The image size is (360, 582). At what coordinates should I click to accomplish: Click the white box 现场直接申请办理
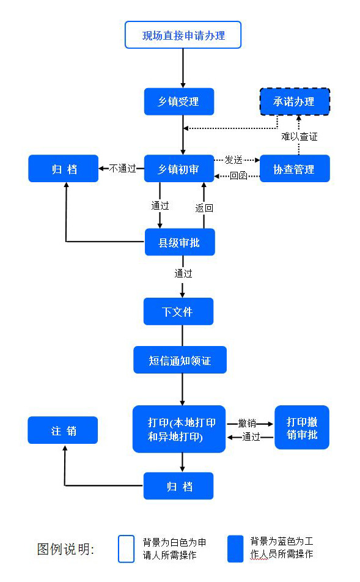point(183,35)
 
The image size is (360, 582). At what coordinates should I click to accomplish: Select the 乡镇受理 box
point(179,101)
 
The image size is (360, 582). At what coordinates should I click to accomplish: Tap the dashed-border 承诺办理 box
point(295,101)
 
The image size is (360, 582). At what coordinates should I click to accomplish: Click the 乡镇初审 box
point(179,169)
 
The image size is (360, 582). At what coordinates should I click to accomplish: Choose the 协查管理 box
point(295,169)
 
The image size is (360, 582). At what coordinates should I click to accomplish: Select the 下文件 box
point(178,311)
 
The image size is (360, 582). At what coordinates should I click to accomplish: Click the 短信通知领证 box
point(180,360)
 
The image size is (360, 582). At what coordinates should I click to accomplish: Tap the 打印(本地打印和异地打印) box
point(178,429)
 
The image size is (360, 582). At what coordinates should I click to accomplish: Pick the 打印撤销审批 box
point(302,428)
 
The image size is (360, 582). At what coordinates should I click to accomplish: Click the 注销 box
point(63,430)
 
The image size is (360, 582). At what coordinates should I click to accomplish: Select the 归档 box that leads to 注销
point(178,486)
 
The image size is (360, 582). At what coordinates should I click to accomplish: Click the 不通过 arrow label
point(123,169)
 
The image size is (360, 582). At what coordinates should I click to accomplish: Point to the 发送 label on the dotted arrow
point(234,160)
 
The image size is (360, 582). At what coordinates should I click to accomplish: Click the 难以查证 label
point(299,136)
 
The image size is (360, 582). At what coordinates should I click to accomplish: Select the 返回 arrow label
point(204,208)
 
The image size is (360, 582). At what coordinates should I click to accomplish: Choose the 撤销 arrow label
point(248,423)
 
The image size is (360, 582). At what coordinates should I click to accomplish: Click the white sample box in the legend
point(126,548)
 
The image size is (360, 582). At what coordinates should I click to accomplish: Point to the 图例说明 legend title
point(65,548)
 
